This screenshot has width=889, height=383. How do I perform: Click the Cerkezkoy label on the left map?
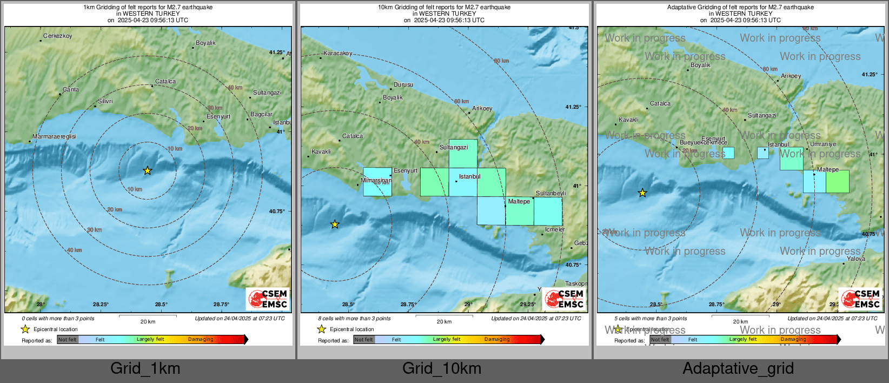click(x=57, y=36)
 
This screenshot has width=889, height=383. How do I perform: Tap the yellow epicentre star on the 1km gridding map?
click(x=147, y=171)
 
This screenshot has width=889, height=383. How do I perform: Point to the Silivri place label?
click(x=105, y=102)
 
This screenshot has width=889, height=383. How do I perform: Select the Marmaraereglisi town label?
click(x=54, y=137)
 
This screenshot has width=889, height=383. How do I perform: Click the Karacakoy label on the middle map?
click(x=337, y=54)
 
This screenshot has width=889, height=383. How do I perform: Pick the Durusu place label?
click(x=403, y=85)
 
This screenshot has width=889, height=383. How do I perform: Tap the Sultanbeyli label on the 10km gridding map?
click(x=550, y=193)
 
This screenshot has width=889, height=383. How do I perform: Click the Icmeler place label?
click(x=555, y=230)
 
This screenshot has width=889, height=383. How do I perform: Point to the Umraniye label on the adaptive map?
click(x=823, y=144)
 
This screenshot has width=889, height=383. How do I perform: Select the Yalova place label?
click(x=856, y=259)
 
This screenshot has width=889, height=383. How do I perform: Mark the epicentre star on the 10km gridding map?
click(x=335, y=224)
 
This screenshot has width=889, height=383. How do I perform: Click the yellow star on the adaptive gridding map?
click(x=642, y=193)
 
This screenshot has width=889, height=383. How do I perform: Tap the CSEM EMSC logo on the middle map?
click(x=563, y=299)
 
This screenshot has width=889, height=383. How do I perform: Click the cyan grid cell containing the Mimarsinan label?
click(x=377, y=182)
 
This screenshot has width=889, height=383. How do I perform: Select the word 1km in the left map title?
click(x=89, y=8)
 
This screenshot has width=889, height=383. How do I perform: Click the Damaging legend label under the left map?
click(x=201, y=340)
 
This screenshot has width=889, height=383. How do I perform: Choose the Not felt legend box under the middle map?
click(x=364, y=340)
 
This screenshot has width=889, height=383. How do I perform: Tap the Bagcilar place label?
click(x=261, y=115)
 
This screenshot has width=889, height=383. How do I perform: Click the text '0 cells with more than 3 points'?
click(x=58, y=319)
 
